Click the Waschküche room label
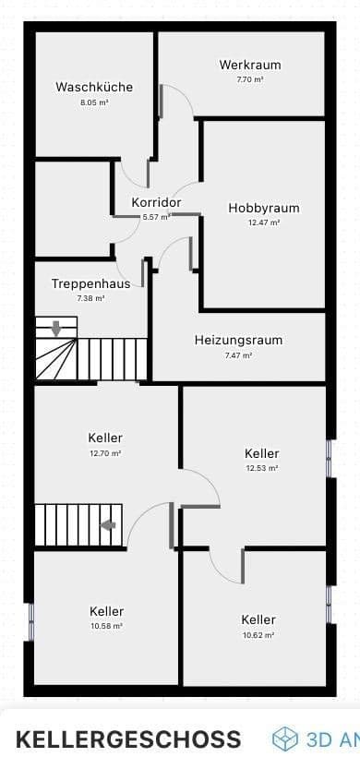point(94,88)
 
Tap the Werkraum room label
point(249,65)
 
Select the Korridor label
point(156,202)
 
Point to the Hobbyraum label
point(263,209)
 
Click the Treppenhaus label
point(90,284)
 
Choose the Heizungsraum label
point(238,340)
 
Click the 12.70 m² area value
point(106,453)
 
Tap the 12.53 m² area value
point(262,468)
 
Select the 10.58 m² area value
point(106,626)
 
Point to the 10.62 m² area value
point(259,635)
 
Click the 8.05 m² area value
point(94,102)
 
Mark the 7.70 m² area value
point(249,79)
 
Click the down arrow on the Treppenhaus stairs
point(56,328)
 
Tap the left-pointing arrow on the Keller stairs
point(108,525)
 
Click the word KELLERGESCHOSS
point(128,739)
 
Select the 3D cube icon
point(285,739)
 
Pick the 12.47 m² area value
point(263,222)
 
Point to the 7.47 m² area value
point(238,354)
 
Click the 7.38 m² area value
point(90,299)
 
